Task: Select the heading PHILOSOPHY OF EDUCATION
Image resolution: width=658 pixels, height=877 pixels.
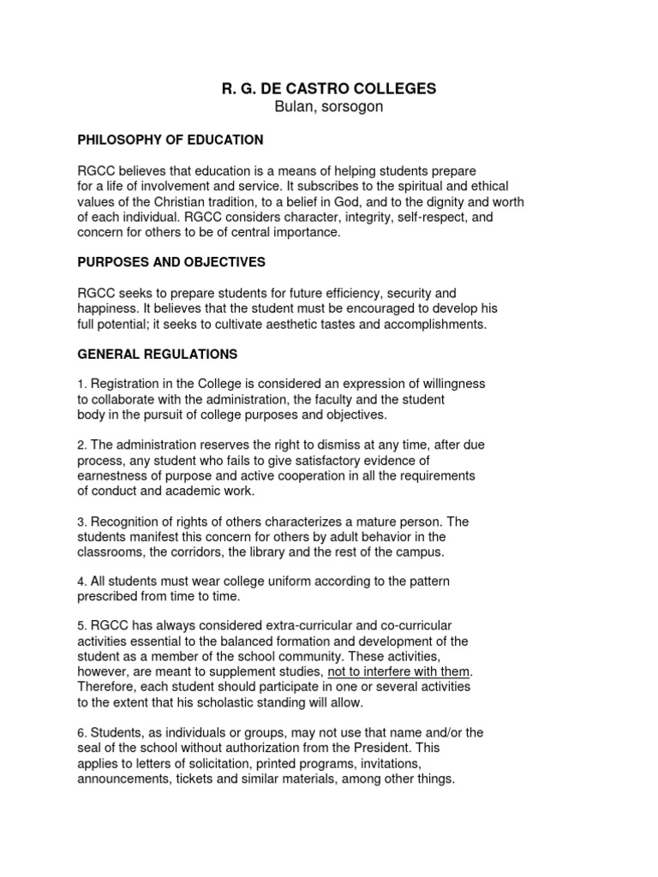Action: [170, 140]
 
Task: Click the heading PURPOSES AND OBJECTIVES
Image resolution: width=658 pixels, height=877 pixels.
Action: [171, 261]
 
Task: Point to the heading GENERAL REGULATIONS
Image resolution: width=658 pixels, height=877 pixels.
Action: [158, 354]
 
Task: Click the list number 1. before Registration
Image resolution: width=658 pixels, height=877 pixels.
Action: [82, 385]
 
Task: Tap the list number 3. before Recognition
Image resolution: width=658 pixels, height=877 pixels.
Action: [82, 522]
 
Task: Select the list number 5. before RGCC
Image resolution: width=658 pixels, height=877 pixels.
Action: [82, 626]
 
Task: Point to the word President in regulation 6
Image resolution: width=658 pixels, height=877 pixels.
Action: [395, 748]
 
